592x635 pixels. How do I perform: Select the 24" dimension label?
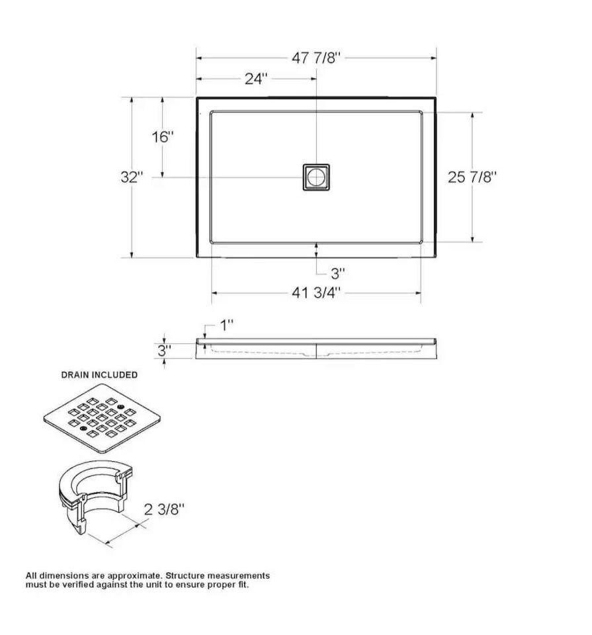257,79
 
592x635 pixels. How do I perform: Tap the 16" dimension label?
163,137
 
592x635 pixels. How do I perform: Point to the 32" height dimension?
132,177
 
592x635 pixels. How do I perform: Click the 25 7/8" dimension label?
472,177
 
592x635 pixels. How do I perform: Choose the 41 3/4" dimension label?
316,292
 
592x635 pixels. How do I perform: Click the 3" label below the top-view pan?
338,274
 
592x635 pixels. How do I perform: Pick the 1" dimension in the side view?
227,325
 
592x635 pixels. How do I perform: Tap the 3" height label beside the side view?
165,351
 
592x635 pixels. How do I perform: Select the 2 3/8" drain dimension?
165,509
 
